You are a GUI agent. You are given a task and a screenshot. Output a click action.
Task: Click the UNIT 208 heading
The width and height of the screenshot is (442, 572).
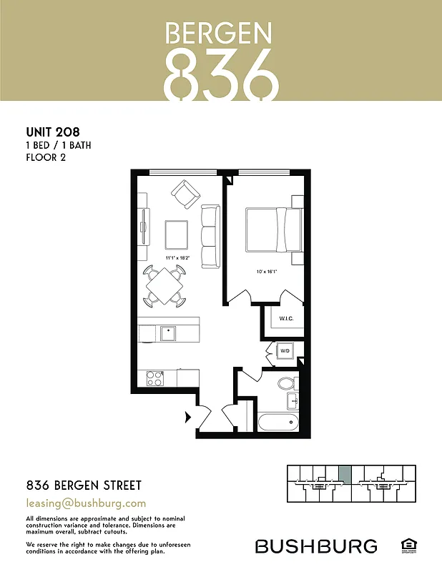coord(52,132)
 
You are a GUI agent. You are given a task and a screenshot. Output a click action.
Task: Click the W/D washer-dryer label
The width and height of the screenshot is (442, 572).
coord(285,351)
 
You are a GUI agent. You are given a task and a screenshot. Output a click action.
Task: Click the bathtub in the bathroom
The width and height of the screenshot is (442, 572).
coord(278,420)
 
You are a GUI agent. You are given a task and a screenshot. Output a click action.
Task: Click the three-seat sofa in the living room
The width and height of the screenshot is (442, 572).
coord(210,236)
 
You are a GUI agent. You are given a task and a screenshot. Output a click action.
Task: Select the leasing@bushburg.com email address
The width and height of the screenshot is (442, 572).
coord(86,503)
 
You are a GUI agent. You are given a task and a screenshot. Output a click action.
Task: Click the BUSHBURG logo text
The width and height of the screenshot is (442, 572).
coord(316,546)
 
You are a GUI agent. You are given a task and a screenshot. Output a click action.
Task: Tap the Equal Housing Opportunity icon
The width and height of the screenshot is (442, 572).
coord(409,546)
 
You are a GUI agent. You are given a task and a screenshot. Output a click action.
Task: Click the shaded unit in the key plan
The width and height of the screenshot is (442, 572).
coord(344,474)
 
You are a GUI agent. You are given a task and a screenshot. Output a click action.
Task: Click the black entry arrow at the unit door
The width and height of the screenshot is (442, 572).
coord(189,415)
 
